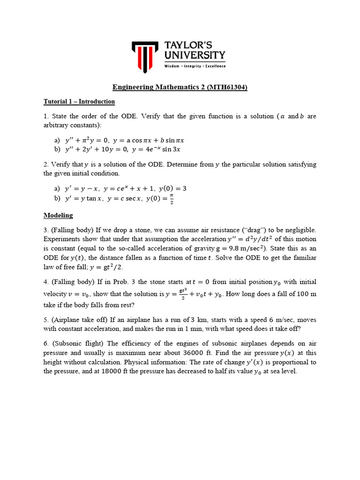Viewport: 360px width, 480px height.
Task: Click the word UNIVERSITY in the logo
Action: pos(195,55)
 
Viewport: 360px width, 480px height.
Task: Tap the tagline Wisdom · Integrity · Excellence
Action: pos(195,66)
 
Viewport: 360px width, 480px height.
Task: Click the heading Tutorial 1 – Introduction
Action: pos(79,101)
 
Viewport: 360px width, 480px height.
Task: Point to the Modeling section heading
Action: pos(58,215)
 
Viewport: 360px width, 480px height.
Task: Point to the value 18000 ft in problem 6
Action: pos(96,371)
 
